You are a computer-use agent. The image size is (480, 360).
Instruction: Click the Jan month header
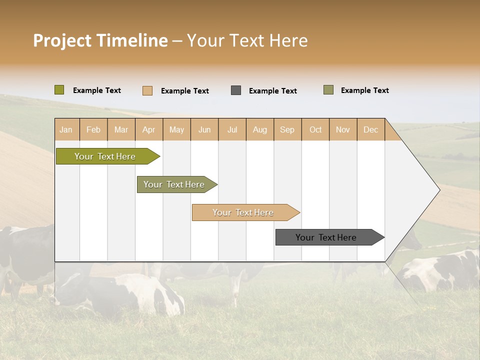pyautogui.click(x=66, y=129)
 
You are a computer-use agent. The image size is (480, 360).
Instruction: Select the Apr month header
pyautogui.click(x=148, y=129)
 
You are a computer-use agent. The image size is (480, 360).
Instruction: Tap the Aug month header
pyautogui.click(x=259, y=129)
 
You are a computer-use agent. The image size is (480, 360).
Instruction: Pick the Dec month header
pyautogui.click(x=370, y=129)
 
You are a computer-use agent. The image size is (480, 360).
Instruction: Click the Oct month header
pyautogui.click(x=315, y=129)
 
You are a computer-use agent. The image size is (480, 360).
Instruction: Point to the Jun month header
pyautogui.click(x=204, y=129)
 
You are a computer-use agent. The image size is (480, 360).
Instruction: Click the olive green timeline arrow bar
pyautogui.click(x=105, y=156)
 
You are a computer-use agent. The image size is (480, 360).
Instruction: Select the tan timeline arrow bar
pyautogui.click(x=243, y=212)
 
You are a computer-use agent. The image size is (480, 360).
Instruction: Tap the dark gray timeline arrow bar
pyautogui.click(x=326, y=237)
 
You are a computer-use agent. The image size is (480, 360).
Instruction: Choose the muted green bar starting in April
pyautogui.click(x=174, y=184)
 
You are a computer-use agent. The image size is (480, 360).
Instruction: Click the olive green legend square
pyautogui.click(x=59, y=90)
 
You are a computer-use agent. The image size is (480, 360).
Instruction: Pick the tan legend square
pyautogui.click(x=147, y=90)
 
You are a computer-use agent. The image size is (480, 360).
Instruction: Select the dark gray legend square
pyautogui.click(x=236, y=90)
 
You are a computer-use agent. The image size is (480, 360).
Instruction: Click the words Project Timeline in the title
pyautogui.click(x=100, y=40)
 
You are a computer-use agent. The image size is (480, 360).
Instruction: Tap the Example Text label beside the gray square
pyautogui.click(x=272, y=91)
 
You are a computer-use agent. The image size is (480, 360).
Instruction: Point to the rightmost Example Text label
pyautogui.click(x=364, y=90)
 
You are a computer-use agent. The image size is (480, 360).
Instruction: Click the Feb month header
pyautogui.click(x=93, y=129)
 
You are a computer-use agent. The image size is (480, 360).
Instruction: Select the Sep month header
pyautogui.click(x=287, y=129)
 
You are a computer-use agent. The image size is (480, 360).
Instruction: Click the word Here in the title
pyautogui.click(x=288, y=40)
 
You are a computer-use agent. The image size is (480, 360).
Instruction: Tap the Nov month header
pyautogui.click(x=342, y=129)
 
